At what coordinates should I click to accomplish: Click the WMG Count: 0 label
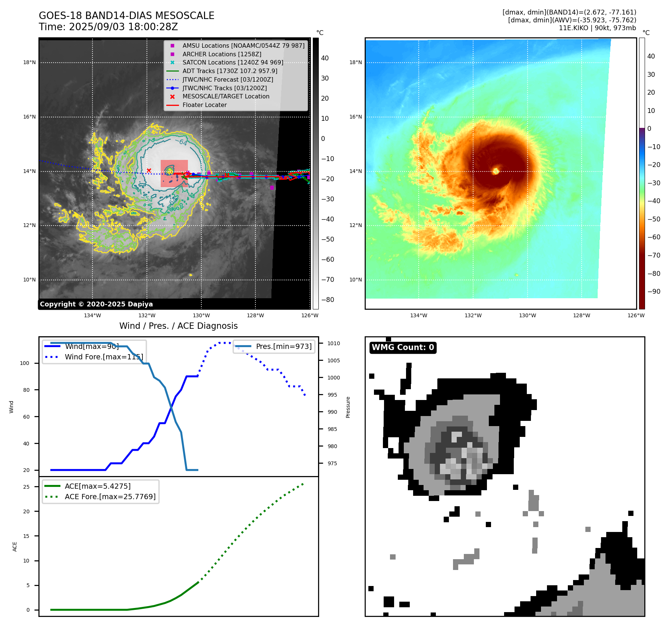click(403, 347)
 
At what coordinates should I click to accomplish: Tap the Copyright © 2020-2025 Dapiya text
click(96, 304)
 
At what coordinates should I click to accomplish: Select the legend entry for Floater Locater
click(204, 105)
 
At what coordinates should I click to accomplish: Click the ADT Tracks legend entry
click(230, 71)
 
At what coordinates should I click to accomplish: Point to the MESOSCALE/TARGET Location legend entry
click(226, 97)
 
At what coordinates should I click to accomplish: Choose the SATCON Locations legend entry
click(233, 63)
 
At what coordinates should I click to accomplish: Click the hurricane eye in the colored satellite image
click(496, 171)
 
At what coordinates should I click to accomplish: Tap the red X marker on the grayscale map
click(149, 171)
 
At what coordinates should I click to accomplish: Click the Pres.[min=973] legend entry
click(283, 346)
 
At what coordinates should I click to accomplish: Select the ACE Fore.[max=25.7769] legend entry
click(110, 497)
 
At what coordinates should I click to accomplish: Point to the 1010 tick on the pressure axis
click(334, 343)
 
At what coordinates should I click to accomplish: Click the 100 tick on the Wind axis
click(25, 363)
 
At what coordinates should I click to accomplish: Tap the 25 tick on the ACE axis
click(26, 487)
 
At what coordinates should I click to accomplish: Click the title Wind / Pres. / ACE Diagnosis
click(178, 326)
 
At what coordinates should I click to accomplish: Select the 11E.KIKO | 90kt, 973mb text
click(597, 28)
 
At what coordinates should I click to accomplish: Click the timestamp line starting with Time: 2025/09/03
click(108, 27)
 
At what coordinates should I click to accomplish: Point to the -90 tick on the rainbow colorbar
click(654, 292)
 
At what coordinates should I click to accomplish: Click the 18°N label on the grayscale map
click(29, 63)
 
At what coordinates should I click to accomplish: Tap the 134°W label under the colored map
click(419, 316)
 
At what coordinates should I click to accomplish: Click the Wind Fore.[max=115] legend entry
click(104, 357)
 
